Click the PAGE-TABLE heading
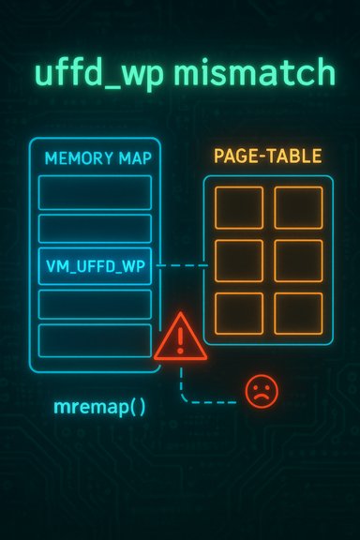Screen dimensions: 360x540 [267, 157]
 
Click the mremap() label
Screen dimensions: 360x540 [93, 408]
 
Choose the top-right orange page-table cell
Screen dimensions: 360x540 [299, 207]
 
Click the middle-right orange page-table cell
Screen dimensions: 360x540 [299, 261]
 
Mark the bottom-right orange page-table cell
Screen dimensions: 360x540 [299, 313]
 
